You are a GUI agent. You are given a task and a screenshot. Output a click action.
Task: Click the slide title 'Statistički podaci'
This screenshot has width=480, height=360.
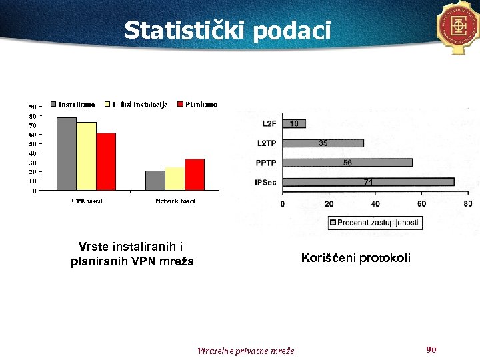[227, 30]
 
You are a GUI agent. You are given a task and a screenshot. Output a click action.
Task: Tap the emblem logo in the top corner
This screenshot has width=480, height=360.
[459, 27]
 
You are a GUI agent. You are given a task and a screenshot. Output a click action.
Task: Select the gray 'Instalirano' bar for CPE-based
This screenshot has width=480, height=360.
[67, 154]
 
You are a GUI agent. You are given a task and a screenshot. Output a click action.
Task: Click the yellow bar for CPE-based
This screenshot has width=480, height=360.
[86, 157]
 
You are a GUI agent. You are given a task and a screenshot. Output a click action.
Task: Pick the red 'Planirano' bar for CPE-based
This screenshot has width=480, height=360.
[106, 162]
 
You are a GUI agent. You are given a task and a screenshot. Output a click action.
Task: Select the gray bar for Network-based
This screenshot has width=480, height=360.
[155, 181]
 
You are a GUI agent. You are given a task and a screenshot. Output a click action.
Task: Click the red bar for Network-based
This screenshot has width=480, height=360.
[194, 175]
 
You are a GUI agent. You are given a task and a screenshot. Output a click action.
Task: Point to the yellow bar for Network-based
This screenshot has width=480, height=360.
[175, 179]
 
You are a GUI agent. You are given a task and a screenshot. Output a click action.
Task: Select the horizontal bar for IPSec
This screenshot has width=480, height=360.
[367, 182]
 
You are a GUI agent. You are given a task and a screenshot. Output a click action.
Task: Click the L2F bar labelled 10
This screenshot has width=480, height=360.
[293, 123]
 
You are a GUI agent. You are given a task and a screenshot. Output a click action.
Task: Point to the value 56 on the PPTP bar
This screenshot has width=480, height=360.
[347, 163]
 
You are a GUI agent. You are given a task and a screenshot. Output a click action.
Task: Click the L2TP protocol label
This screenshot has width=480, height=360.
[267, 143]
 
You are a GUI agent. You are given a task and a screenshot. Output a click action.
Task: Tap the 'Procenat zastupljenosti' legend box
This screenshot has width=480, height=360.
[375, 223]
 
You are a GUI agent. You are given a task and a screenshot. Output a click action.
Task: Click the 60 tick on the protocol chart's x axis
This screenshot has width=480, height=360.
[421, 203]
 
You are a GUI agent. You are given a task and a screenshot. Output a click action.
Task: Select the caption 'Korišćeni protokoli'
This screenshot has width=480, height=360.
[356, 258]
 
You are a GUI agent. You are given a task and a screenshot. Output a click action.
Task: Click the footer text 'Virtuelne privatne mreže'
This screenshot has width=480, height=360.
[246, 351]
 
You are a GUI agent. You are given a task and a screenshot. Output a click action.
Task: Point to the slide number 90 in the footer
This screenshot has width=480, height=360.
[431, 349]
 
